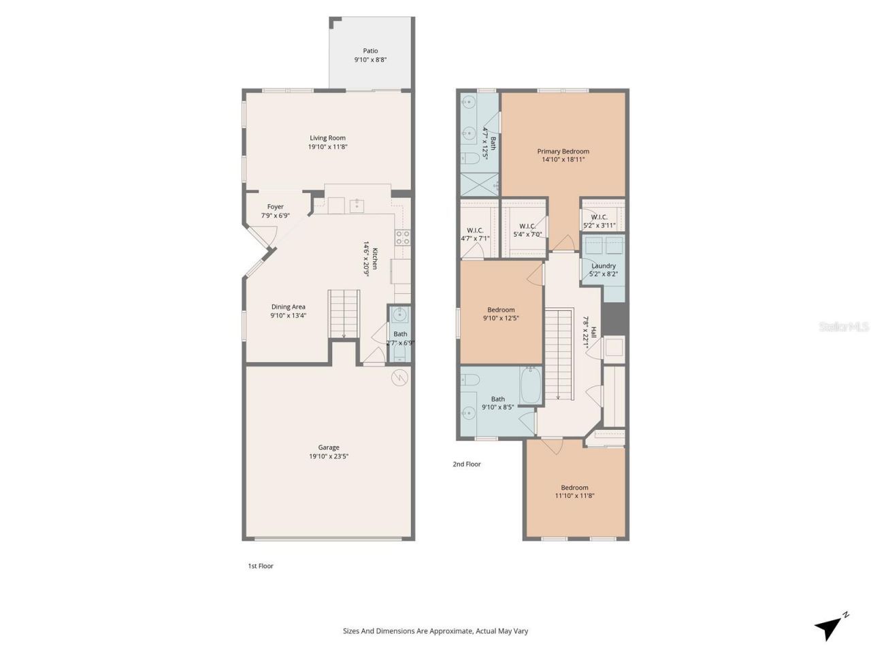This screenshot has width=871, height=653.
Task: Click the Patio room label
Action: tap(370, 51)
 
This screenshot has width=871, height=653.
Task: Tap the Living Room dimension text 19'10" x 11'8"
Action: tap(328, 147)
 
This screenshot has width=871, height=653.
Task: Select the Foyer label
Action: tap(275, 207)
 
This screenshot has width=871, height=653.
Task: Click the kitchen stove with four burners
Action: tap(402, 237)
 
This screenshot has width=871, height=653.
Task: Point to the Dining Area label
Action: tap(288, 307)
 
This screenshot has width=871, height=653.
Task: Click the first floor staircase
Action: tap(344, 313)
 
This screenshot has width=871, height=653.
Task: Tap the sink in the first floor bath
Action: tap(400, 315)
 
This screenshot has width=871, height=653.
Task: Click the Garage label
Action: tap(329, 448)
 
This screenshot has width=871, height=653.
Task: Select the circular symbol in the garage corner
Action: tap(399, 378)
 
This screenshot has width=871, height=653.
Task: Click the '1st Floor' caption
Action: tap(260, 566)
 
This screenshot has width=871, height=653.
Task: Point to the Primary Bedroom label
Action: tap(563, 152)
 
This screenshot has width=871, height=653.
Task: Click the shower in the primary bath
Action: tap(480, 184)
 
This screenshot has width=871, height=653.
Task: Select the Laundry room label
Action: tap(604, 266)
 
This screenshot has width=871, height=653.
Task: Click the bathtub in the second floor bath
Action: tap(531, 386)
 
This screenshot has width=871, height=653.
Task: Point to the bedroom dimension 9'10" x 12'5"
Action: tap(501, 318)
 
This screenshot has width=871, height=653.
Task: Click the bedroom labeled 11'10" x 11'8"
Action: tap(574, 492)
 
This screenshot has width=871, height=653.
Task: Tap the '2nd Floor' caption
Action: tap(467, 464)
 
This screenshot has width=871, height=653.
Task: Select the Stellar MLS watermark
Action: tap(844, 327)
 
